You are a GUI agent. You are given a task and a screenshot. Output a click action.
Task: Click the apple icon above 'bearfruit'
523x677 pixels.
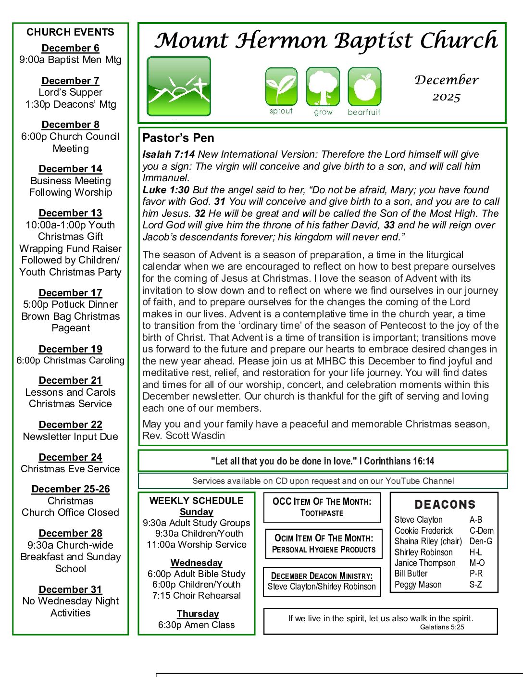tap(364, 87)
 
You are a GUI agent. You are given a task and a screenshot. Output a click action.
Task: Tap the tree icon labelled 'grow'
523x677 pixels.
tap(323, 87)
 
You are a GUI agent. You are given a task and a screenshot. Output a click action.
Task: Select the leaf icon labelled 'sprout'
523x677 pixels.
tap(281, 87)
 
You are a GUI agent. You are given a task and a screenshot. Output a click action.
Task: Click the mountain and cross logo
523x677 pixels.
tap(179, 87)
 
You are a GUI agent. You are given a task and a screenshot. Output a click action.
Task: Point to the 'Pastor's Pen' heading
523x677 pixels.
tap(178, 138)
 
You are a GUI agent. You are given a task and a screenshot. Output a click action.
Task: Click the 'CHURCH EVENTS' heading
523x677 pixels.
tap(70, 32)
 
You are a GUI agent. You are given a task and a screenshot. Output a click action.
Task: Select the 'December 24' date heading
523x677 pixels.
tap(70, 457)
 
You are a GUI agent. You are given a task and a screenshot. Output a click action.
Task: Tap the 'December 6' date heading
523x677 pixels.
tap(70, 48)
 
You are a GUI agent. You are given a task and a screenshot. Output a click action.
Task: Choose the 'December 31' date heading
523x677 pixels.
tap(70, 589)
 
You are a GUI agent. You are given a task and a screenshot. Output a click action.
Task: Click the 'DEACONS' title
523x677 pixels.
tap(445, 504)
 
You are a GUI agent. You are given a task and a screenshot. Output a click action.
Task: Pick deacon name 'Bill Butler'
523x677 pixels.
tap(411, 574)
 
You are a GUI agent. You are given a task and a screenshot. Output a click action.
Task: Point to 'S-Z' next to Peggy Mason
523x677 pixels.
tap(475, 585)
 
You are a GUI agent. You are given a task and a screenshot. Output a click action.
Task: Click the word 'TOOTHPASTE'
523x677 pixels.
tap(322, 513)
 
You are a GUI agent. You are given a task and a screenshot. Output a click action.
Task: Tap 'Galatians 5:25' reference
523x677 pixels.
tap(442, 627)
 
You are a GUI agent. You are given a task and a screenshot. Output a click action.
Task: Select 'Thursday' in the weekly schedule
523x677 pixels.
tap(198, 614)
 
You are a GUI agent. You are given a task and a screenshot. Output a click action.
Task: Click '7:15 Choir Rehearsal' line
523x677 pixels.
tap(196, 595)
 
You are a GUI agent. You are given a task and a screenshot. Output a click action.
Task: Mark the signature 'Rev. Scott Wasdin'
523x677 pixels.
tap(184, 436)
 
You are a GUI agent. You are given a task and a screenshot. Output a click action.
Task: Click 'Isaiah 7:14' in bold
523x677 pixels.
tap(168, 154)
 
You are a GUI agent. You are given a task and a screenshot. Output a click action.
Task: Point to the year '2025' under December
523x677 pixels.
tap(446, 97)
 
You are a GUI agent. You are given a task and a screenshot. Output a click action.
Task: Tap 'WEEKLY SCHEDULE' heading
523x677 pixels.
tap(196, 501)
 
